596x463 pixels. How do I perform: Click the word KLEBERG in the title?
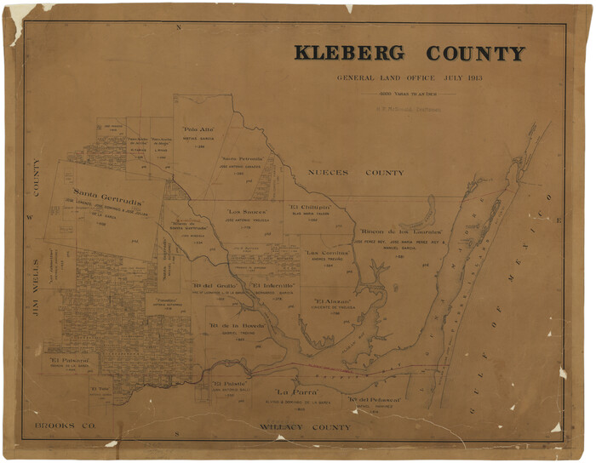click(350, 54)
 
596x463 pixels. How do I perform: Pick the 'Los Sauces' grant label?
click(247, 211)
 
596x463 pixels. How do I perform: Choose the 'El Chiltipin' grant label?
click(309, 207)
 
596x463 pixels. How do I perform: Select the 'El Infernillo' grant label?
click(272, 284)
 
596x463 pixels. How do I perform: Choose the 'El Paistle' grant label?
click(230, 384)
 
